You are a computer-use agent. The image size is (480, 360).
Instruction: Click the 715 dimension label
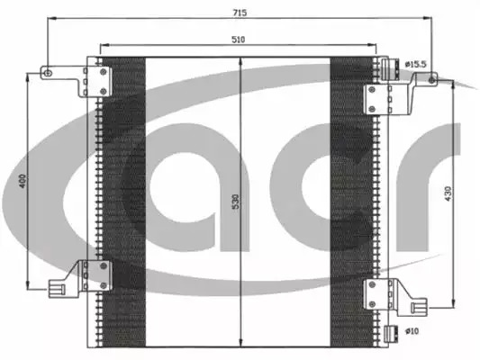[x=240, y=13]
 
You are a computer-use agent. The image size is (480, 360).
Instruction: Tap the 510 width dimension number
[x=238, y=40]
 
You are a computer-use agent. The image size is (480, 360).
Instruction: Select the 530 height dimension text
[x=235, y=202]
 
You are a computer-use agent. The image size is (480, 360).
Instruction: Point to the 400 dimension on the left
[x=22, y=181]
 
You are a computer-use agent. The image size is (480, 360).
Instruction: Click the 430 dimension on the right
[x=448, y=193]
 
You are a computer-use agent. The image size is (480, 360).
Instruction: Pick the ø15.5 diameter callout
[x=415, y=65]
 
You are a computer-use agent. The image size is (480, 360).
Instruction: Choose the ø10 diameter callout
[x=412, y=331]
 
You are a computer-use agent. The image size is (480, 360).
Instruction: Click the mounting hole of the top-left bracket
[x=48, y=73]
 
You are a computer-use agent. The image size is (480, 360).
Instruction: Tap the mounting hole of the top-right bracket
[x=431, y=80]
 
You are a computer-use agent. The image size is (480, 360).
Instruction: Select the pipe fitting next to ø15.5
[x=390, y=68]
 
